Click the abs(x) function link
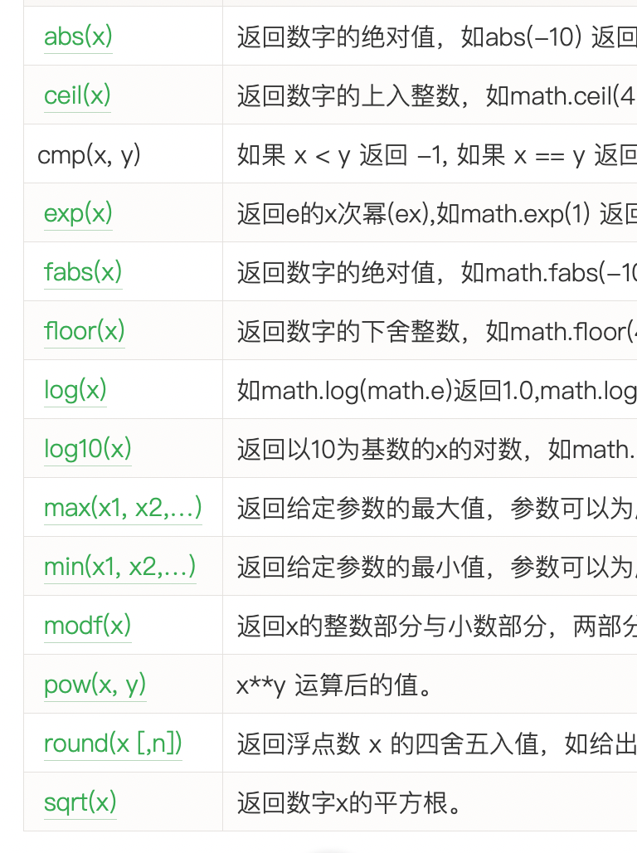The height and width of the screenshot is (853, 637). tap(78, 37)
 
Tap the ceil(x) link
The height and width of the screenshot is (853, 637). tap(77, 95)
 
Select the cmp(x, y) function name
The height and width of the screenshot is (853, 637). tap(89, 154)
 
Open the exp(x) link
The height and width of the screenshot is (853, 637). tap(78, 213)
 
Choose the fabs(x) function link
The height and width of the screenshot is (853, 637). tap(83, 272)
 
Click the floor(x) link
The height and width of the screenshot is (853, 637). tap(85, 331)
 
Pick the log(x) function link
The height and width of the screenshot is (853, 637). tap(75, 390)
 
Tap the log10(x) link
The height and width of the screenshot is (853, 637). tap(88, 449)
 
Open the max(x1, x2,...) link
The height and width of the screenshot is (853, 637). tap(123, 508)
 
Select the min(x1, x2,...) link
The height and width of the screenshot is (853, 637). tap(120, 567)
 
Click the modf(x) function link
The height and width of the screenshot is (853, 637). tap(88, 626)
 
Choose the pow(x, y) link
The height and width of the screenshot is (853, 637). tap(95, 685)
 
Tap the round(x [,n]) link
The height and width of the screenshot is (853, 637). tap(113, 743)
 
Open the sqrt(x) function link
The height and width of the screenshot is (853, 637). tap(80, 802)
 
